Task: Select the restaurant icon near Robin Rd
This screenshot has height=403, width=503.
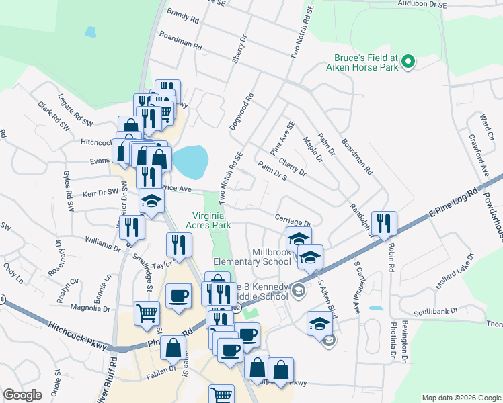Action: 384,223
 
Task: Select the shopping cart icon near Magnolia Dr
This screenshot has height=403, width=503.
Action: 147,312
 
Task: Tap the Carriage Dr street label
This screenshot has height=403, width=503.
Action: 293,219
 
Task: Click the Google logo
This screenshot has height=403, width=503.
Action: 22,395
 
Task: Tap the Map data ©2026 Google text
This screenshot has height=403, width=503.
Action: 461,397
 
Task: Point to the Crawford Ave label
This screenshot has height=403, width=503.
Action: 478,155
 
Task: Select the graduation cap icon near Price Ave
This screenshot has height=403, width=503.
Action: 151,201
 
